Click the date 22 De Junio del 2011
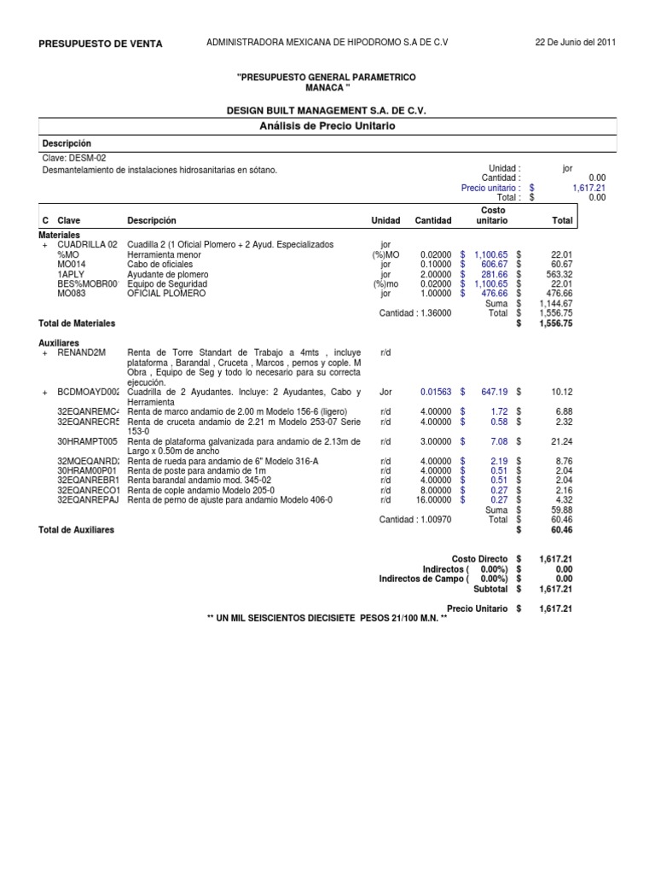click(575, 43)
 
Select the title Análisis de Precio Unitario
click(327, 125)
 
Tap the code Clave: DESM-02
click(74, 158)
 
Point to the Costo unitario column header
click(493, 215)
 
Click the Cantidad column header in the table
click(433, 220)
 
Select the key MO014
click(72, 264)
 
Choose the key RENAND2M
click(81, 352)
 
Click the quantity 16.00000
click(433, 500)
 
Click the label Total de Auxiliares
click(77, 529)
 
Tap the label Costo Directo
click(479, 558)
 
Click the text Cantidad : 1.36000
click(415, 313)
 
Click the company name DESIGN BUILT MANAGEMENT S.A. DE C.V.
click(327, 111)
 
